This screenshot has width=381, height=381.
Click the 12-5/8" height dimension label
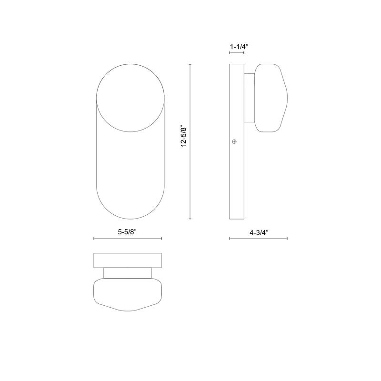(184, 141)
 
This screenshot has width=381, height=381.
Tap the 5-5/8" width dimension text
(130, 232)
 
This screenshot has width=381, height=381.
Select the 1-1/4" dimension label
(239, 47)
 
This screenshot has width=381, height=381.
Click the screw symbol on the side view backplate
(234, 142)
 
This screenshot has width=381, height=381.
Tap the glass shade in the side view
(271, 97)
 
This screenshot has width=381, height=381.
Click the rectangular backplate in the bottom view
(128, 260)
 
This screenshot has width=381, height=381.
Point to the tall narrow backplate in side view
(236, 181)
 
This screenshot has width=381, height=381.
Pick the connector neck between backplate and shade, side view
(249, 97)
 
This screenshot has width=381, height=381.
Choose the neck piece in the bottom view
(128, 273)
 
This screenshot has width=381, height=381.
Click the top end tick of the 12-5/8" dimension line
(190, 63)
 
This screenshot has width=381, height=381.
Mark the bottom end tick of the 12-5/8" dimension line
(190, 219)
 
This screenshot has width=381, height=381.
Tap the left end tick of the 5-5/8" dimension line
(94, 239)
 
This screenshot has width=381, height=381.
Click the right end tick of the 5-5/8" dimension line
(162, 239)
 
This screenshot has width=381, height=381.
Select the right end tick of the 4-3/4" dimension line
(288, 239)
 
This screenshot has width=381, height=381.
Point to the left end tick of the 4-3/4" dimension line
(230, 239)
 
